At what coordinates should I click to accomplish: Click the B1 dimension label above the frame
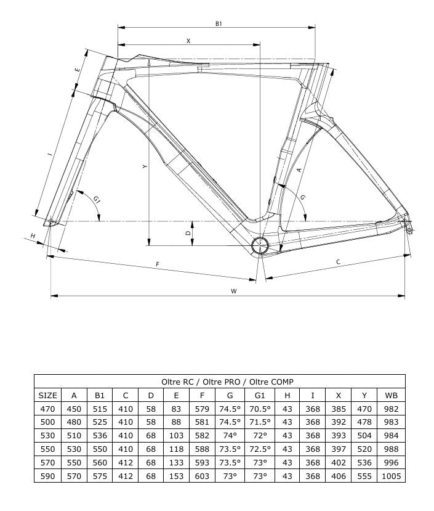(219, 23)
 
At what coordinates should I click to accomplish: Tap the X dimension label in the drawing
(188, 41)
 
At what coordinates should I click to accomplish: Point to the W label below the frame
(234, 292)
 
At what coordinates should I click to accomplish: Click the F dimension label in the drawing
(158, 264)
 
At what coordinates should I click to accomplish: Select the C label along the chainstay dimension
(338, 262)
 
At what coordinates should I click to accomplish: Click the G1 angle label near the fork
(97, 199)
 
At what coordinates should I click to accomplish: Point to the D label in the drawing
(188, 233)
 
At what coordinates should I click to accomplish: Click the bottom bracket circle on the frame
(260, 245)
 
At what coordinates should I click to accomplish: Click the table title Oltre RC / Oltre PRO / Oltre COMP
(219, 382)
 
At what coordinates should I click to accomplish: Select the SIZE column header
(47, 395)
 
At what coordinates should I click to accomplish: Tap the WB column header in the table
(391, 395)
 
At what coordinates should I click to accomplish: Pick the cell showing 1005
(391, 476)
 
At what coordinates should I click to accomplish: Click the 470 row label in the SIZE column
(47, 409)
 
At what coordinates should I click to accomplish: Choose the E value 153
(177, 476)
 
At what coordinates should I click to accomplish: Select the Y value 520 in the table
(364, 449)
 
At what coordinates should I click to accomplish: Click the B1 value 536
(100, 435)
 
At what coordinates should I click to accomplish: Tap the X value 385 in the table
(338, 409)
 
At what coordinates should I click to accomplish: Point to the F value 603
(202, 476)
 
